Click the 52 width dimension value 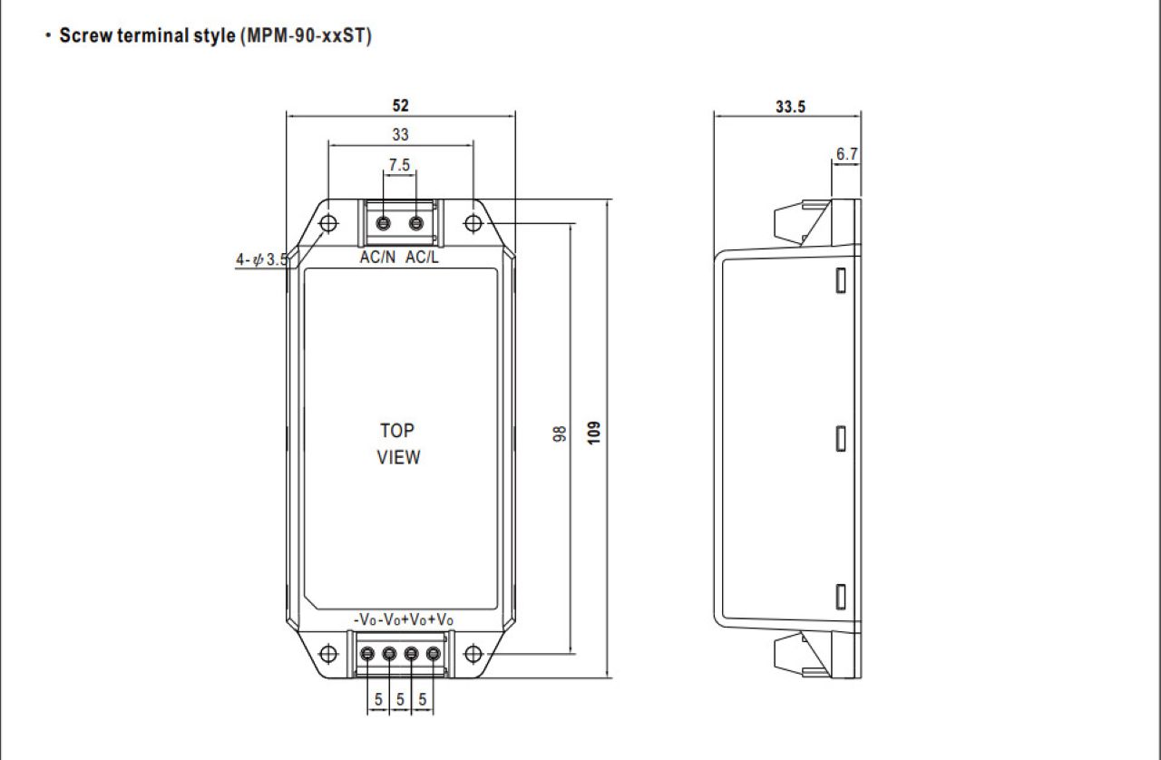400,106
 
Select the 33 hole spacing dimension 400,135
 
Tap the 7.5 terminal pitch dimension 399,165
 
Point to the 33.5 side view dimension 790,107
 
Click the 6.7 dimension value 847,154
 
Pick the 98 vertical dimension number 560,434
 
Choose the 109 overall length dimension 594,433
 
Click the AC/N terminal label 377,258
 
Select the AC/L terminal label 422,258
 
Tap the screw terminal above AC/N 383,223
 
